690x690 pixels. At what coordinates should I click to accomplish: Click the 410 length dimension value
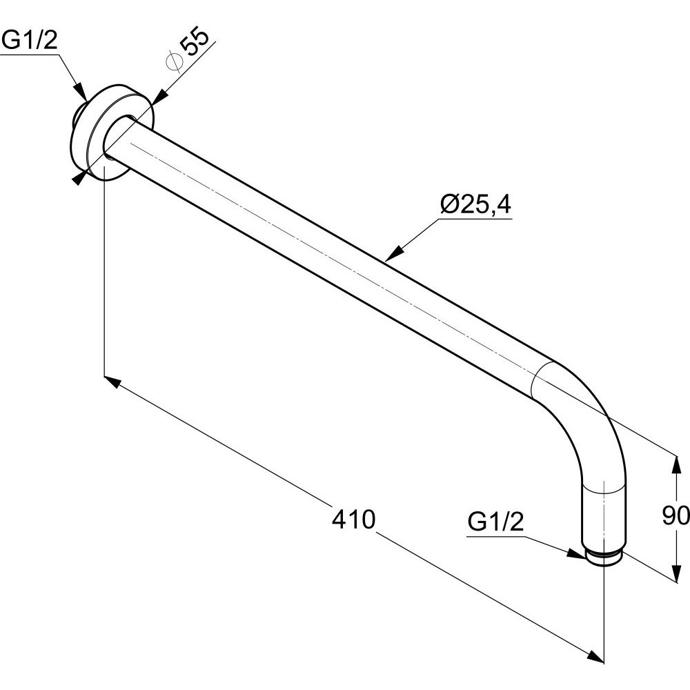[x=353, y=519]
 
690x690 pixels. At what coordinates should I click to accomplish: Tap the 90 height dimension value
[x=676, y=515]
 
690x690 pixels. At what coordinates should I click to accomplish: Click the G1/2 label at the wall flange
[x=30, y=41]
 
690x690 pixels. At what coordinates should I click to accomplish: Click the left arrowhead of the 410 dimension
[x=112, y=382]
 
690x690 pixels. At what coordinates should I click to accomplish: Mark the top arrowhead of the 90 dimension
[x=676, y=464]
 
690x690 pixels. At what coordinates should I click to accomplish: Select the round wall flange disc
[x=112, y=132]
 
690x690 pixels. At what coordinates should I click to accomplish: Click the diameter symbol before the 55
[x=174, y=61]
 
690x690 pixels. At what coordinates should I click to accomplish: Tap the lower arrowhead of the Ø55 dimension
[x=79, y=178]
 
